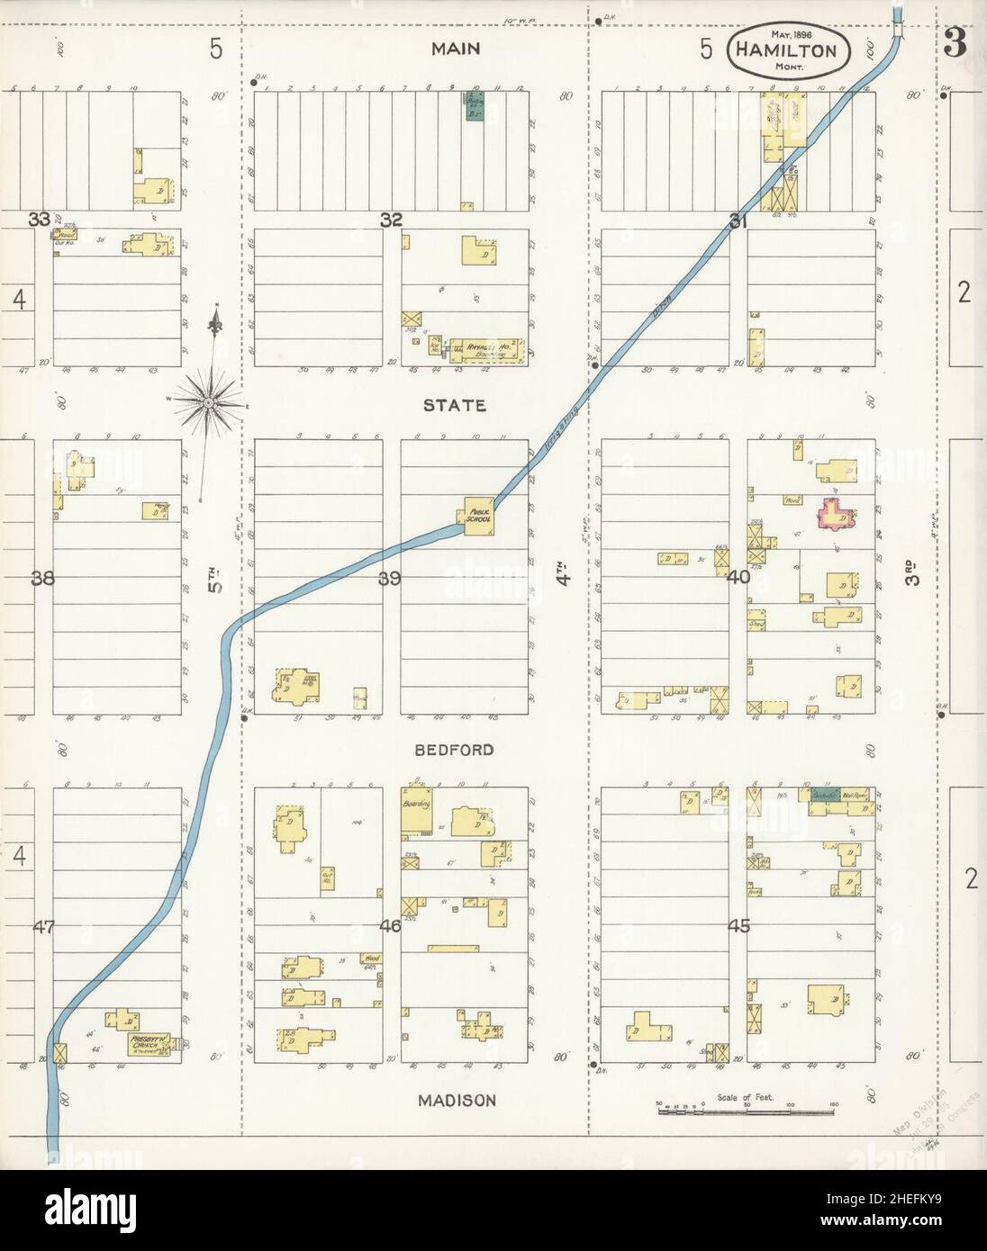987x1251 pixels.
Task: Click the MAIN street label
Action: (x=455, y=49)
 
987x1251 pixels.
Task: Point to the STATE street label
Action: (x=455, y=406)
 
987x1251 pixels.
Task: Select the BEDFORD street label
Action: (x=455, y=750)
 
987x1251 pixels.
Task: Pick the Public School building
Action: (x=478, y=517)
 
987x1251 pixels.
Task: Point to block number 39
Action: (x=388, y=579)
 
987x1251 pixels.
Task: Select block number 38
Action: (x=42, y=579)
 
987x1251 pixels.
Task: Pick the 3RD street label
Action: (x=912, y=573)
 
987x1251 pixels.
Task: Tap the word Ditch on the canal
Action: (x=664, y=310)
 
